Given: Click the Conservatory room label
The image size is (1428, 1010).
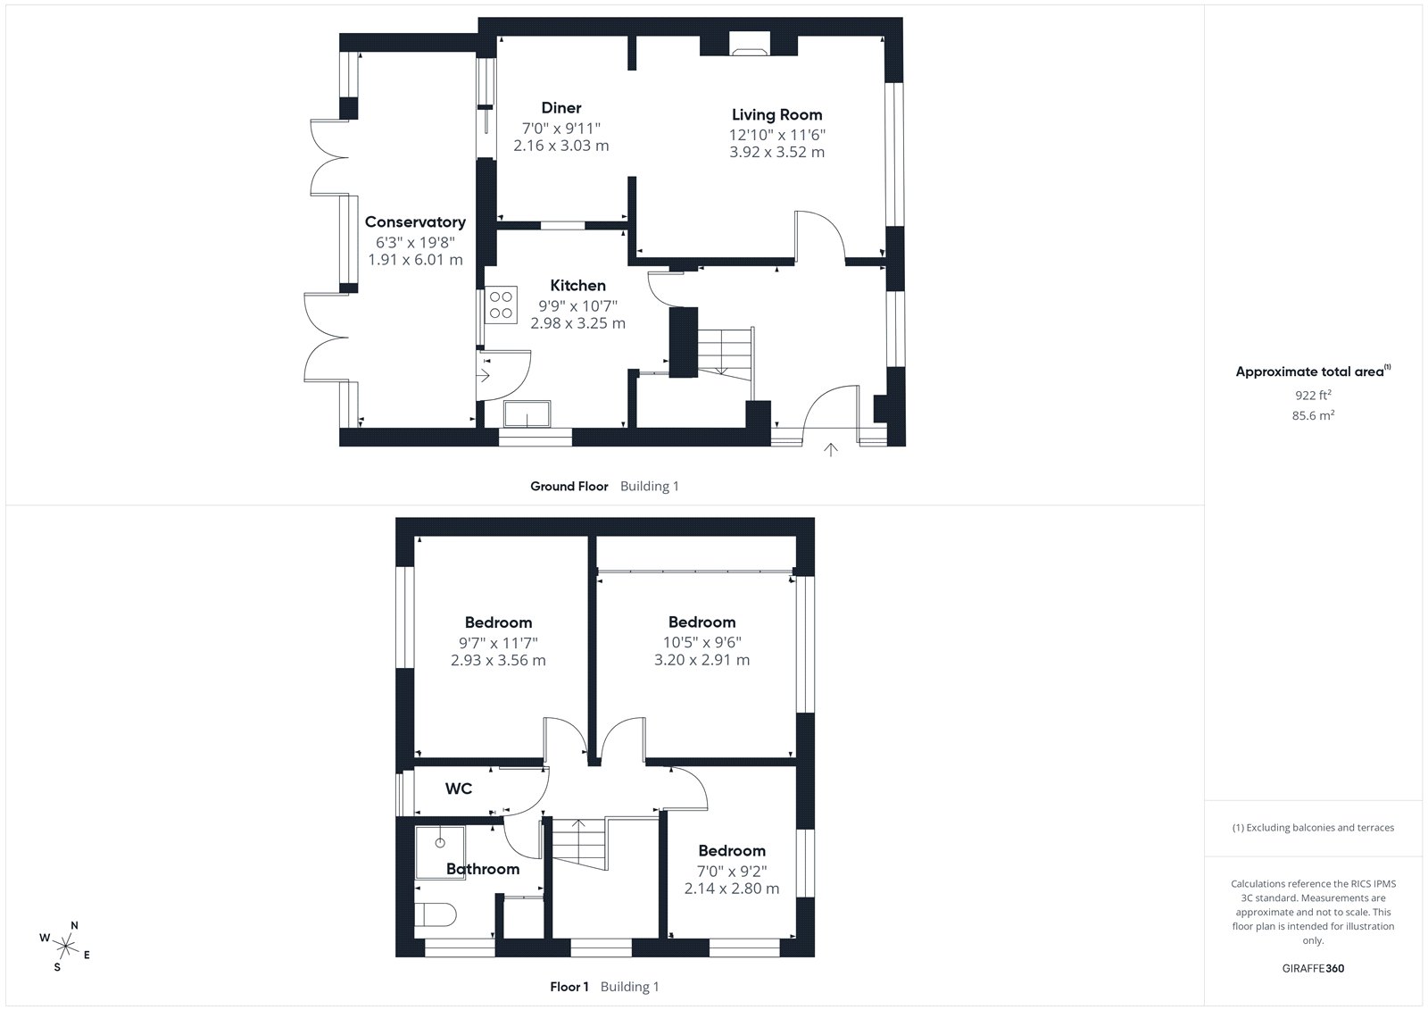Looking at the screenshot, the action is coord(415,222).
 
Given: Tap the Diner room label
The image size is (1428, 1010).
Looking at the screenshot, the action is coord(561,108).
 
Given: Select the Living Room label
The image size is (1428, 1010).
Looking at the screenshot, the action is coord(776,115).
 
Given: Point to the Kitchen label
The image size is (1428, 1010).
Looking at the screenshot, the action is coord(577,285).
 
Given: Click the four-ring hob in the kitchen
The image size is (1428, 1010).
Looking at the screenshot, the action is coord(501,305).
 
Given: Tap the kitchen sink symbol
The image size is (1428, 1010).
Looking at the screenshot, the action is coord(527,413).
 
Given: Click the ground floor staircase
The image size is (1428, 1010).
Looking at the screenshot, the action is coord(725,355).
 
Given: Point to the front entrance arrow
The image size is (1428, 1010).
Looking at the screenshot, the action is coord(830,450).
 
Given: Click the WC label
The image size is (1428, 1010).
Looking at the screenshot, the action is coord(459,789).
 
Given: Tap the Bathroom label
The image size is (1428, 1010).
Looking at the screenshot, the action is coord(483,869).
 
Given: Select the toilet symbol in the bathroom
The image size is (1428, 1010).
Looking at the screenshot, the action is coord(436,915).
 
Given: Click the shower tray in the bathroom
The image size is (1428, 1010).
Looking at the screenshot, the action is coord(440,853).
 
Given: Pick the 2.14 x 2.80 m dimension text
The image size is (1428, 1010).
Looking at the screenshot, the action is coord(732,889).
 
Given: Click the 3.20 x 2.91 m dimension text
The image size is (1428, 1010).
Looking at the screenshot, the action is coord(702,660).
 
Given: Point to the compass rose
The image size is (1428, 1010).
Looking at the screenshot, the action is coord(66,947).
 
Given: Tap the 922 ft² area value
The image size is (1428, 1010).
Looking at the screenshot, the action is coord(1313,395).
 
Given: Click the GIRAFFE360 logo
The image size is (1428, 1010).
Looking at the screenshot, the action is coord(1313,968).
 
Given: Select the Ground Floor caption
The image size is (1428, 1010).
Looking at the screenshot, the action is coord(569,486).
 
